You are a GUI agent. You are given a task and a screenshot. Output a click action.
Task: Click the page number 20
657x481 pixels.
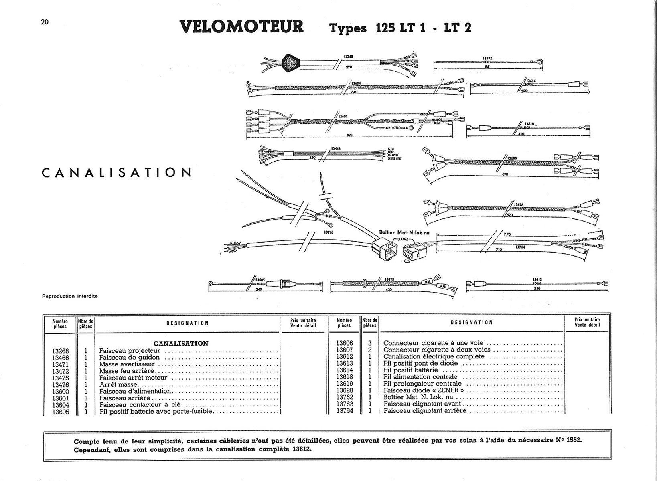tap(45, 22)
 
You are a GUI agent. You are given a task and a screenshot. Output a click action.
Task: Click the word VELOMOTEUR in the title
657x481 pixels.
tap(242, 27)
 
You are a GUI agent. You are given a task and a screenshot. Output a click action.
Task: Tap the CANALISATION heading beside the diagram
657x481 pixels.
tap(117, 172)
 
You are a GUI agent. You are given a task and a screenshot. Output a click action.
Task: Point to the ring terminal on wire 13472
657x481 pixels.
tap(540, 62)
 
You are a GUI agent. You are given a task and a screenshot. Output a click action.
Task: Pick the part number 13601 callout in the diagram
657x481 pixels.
tap(343, 116)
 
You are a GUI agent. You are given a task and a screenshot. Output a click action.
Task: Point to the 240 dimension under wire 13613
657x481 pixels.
tap(537, 288)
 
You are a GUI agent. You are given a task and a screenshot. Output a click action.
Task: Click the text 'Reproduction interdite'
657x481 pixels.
tap(70, 296)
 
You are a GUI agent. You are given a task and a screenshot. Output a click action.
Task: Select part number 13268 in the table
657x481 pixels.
tap(61, 351)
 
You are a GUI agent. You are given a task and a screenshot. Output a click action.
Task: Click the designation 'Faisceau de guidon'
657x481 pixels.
tap(129, 358)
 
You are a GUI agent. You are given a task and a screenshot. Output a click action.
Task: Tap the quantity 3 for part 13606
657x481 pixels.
tap(370, 343)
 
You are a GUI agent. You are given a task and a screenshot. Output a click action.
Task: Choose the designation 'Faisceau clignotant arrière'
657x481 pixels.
tap(425, 411)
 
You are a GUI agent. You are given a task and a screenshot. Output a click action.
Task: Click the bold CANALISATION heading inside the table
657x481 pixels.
tap(181, 344)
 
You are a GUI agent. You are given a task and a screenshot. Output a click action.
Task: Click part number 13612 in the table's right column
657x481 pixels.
tap(345, 357)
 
